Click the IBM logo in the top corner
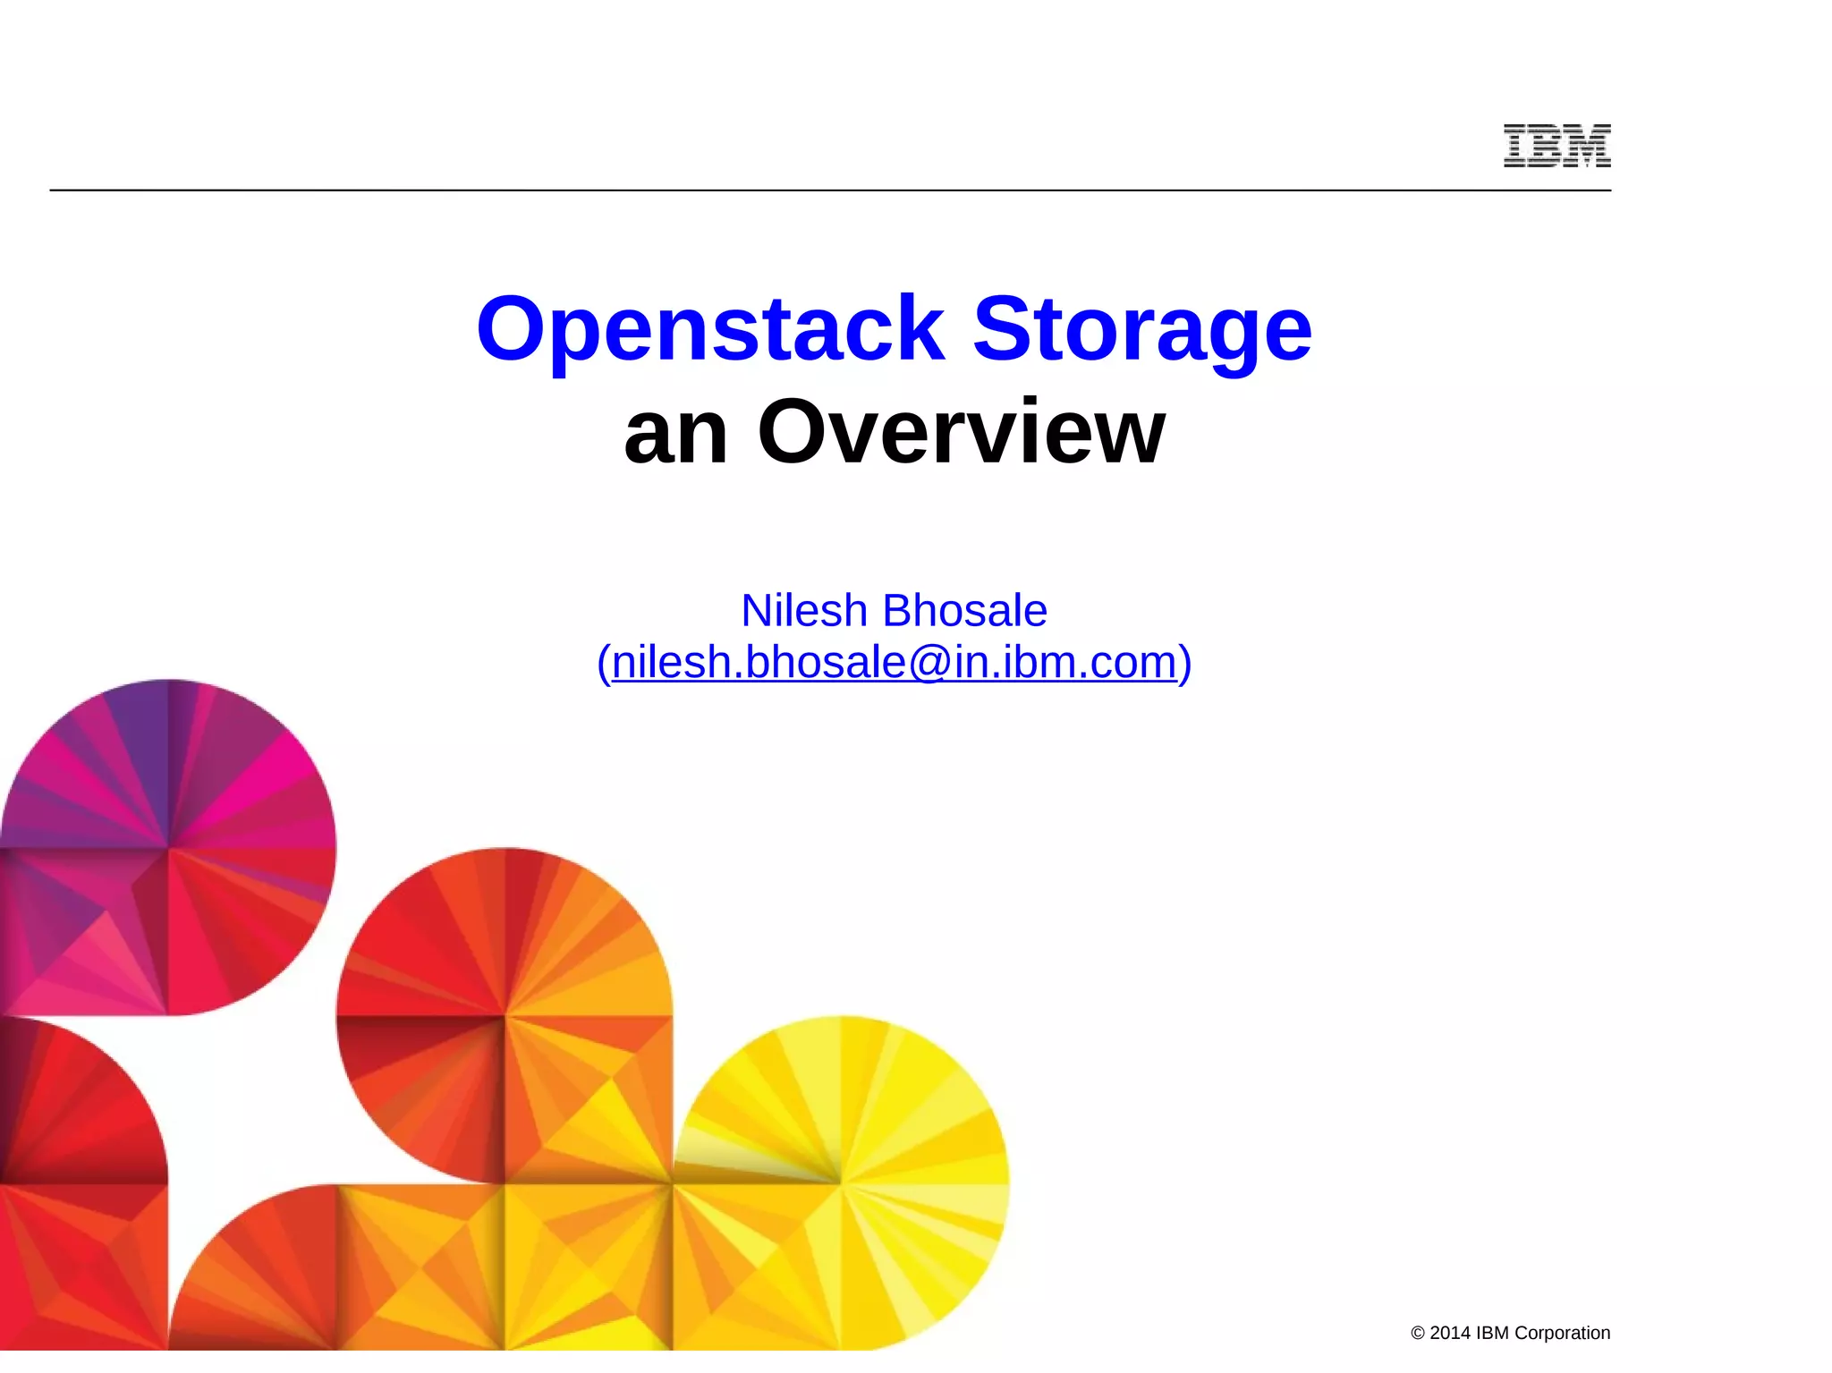[x=1556, y=146]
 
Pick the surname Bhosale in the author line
[x=964, y=611]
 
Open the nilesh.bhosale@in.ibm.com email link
[x=894, y=663]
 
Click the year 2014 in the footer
[x=1450, y=1333]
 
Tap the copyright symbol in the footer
[x=1418, y=1334]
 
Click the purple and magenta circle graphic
[x=168, y=846]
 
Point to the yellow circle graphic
[x=841, y=1182]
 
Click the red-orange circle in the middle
[x=505, y=1015]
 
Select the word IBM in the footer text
[x=1492, y=1333]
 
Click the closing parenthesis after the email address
[x=1185, y=664]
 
